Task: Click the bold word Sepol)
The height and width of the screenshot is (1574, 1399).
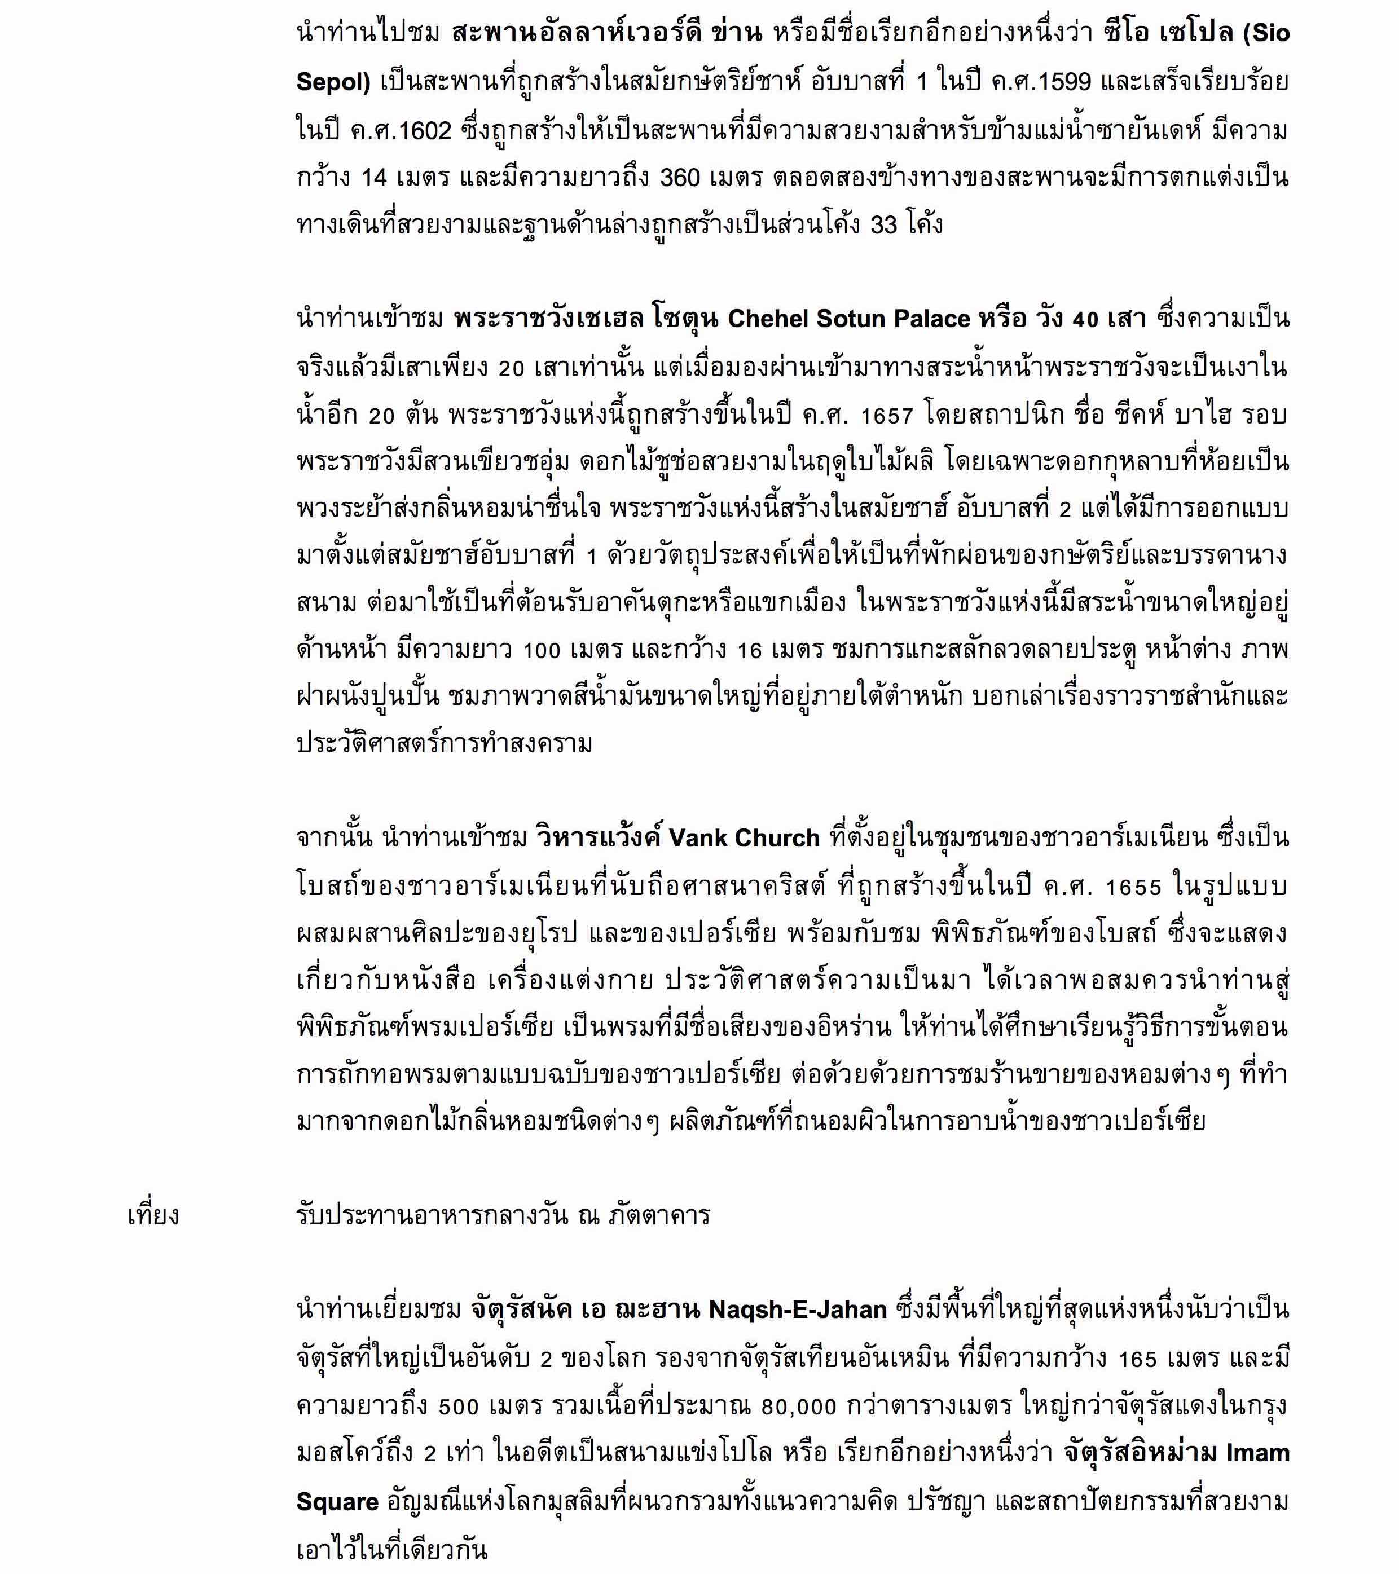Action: pyautogui.click(x=333, y=82)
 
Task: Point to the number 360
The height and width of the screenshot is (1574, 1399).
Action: pyautogui.click(x=680, y=178)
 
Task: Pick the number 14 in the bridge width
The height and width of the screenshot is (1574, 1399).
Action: pyautogui.click(x=375, y=178)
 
